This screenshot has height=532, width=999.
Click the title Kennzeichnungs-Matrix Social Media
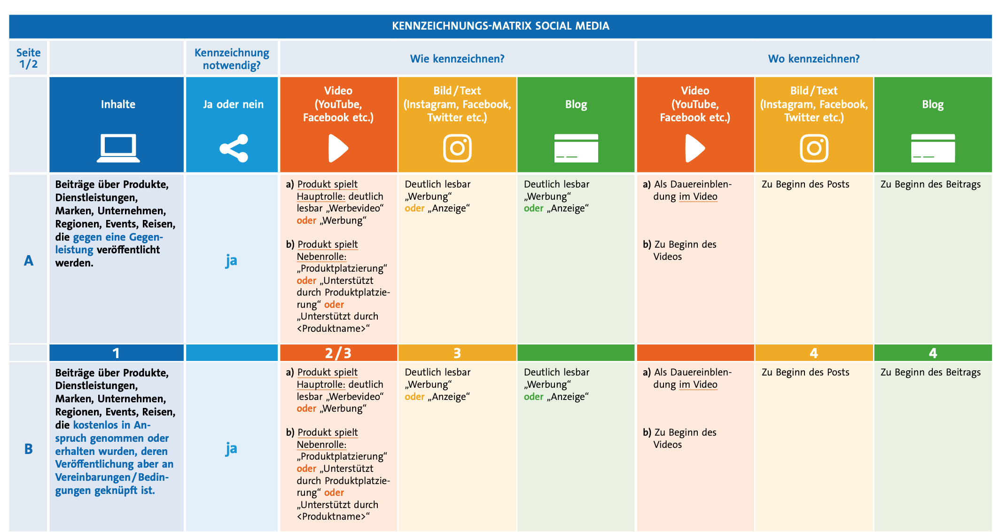pos(500,26)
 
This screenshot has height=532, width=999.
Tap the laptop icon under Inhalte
pos(118,148)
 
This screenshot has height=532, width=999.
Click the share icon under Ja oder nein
pos(234,149)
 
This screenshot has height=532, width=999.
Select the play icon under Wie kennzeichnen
pos(338,149)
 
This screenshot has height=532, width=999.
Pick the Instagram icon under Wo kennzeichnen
pos(814,149)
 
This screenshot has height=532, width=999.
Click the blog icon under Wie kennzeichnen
pos(576,149)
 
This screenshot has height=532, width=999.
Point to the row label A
pos(29,260)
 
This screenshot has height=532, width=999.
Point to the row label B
pos(29,449)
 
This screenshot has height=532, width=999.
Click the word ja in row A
pos(231,260)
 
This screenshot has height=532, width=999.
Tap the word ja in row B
pos(231,449)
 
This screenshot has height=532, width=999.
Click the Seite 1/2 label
pos(28,58)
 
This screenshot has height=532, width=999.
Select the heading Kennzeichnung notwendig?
pos(232,59)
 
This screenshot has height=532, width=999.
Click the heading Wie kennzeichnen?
pos(457,59)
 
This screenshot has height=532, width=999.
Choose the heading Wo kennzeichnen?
pos(813,59)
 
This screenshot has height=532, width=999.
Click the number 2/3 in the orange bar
pos(338,353)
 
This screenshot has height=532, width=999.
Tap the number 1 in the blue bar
pos(116,353)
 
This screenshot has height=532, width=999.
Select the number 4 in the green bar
pos(933,353)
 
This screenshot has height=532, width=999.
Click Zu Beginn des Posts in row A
pos(805,184)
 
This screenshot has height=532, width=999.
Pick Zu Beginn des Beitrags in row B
pos(930,372)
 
